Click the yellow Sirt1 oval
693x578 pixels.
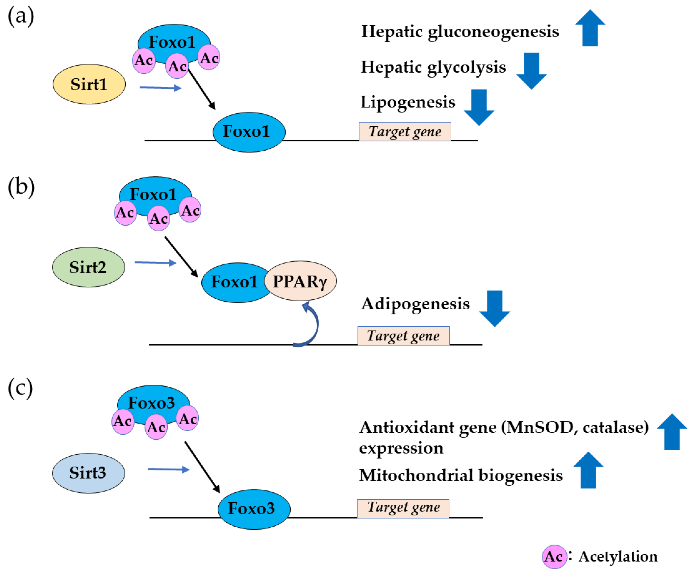(x=89, y=84)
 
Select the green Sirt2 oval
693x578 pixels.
(x=88, y=267)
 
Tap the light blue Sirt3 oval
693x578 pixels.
(x=88, y=473)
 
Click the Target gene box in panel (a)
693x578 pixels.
(x=405, y=132)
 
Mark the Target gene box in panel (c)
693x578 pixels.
(x=403, y=508)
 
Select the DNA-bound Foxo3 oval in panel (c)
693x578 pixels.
(x=254, y=509)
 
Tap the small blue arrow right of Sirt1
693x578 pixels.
(x=161, y=88)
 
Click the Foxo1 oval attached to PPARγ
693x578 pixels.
(x=235, y=282)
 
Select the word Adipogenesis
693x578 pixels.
(x=415, y=304)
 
